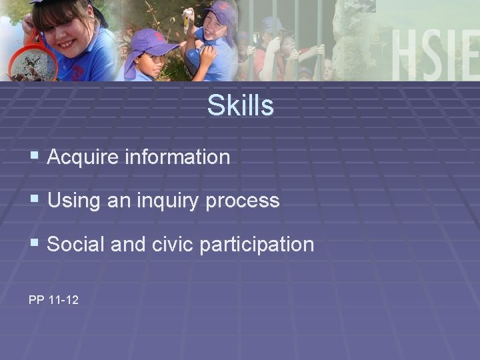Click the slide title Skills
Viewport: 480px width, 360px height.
pos(240,105)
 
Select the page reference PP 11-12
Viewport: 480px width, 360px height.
pos(53,300)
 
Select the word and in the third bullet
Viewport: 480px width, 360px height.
pos(127,244)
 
